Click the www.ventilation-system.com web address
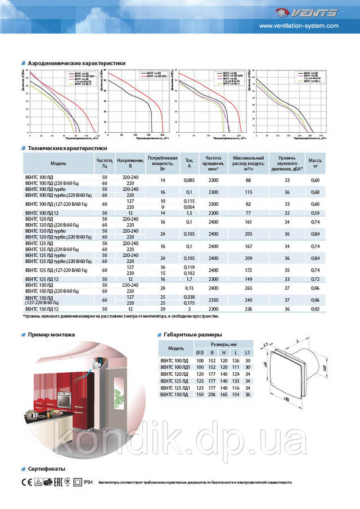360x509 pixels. coord(299,26)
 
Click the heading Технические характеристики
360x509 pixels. coord(67,148)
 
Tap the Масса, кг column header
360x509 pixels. coord(315,163)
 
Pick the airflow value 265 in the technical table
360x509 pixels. coord(248,288)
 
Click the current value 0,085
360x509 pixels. coord(190,180)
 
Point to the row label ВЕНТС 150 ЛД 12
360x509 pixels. coord(44,309)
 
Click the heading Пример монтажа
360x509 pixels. coord(51,334)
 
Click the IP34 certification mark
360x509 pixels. coord(87,482)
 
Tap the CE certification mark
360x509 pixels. coord(25,482)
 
